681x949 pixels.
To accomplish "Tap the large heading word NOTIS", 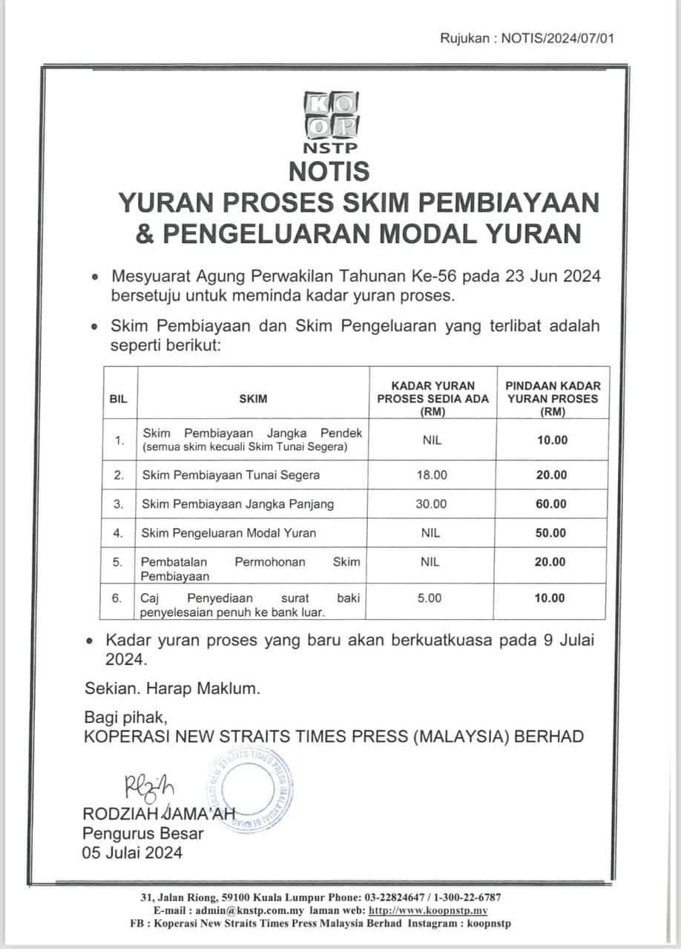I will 329,171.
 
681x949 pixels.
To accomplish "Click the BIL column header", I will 118,399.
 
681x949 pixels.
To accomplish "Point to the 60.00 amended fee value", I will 551,503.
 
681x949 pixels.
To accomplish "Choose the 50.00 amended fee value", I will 551,532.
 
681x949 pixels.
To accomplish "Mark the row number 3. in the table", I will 118,503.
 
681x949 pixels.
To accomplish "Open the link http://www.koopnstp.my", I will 428,910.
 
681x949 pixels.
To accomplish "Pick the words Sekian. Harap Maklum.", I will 172,689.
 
